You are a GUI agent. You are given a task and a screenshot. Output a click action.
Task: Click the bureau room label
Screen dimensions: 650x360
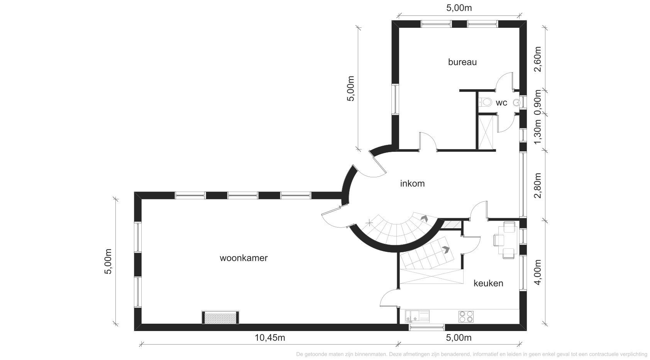tap(462, 62)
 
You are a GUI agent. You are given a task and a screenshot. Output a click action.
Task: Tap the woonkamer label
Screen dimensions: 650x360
tap(244, 258)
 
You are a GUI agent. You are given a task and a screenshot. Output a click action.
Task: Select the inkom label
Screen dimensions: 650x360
tap(412, 183)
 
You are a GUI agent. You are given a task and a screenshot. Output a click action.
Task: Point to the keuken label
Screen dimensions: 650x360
tap(488, 283)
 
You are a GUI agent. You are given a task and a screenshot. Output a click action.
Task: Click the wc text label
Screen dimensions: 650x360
tap(501, 102)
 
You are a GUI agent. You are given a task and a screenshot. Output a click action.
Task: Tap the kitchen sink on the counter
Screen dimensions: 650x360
tap(417, 316)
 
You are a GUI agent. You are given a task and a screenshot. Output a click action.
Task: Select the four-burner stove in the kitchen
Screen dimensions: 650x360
tap(466, 316)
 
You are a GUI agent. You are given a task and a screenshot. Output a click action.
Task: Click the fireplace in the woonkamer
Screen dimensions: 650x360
tap(220, 318)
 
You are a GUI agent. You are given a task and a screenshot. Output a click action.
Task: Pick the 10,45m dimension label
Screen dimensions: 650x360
tap(270, 338)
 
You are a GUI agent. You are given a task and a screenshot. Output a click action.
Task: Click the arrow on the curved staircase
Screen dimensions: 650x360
tap(425, 218)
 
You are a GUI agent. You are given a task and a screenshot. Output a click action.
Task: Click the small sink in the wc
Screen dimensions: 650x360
tap(516, 102)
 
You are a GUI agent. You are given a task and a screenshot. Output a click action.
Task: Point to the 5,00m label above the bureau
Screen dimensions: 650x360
tap(459, 8)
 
